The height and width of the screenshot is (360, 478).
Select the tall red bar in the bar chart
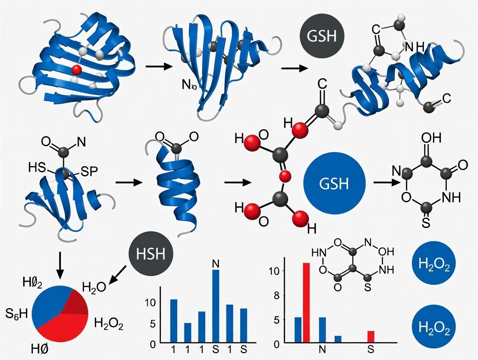point(306,302)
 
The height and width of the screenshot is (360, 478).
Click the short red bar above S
point(371,336)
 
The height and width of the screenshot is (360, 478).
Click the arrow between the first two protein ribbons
point(156,67)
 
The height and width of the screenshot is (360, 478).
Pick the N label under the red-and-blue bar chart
point(321,349)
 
